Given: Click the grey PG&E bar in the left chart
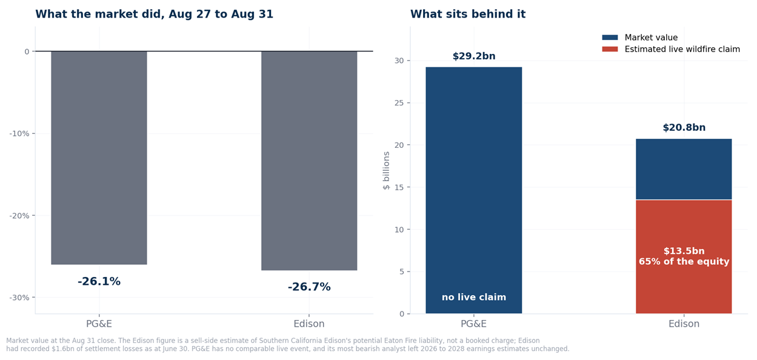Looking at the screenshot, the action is point(99,158).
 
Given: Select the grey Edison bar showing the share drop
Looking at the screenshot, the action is point(309,161).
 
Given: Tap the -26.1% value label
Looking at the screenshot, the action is point(99,281).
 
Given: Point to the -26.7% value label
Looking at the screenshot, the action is point(309,287).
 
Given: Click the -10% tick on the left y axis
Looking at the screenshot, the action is point(19,133).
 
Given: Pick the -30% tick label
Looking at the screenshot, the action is point(19,298).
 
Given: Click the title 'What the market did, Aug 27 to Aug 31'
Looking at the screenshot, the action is point(154,14).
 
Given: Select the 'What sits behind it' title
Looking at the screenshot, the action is point(468,14).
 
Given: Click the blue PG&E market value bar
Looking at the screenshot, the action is point(473,190).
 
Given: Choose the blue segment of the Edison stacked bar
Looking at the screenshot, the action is point(684,169).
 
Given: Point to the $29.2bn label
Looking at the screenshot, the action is point(474,56).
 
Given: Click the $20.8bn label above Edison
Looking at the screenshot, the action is point(684,127).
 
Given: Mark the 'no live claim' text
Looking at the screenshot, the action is point(474,297).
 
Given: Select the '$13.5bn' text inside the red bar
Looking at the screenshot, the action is point(684,251).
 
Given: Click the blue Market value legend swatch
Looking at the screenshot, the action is point(610,37).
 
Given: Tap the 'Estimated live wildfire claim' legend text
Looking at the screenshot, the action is point(682,49).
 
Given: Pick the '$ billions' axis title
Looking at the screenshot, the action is point(386,170).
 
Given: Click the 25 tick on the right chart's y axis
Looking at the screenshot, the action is point(399,103).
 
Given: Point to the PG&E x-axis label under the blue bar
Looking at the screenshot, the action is point(473,324).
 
